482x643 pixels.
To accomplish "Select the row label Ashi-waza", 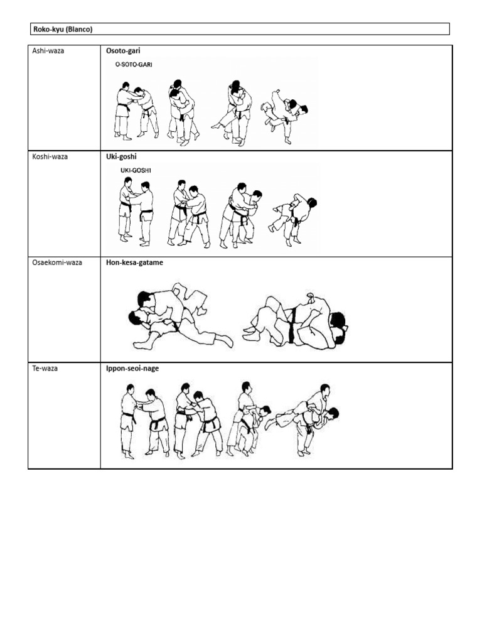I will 48,51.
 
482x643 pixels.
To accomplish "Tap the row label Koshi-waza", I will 50,156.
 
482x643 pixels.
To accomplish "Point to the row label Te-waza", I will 45,369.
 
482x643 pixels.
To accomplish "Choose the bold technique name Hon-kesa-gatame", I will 134,262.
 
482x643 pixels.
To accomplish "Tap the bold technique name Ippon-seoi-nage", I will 132,369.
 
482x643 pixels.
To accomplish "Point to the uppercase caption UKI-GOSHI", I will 131,170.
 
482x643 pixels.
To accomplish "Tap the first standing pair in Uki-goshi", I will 136,211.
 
